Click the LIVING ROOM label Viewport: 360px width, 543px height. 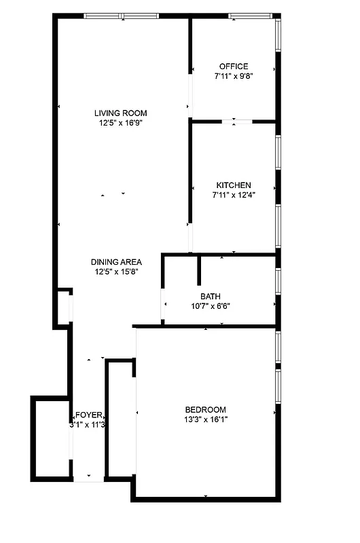click(120, 113)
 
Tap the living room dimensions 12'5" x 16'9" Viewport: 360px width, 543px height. click(120, 123)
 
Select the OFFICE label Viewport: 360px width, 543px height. click(233, 66)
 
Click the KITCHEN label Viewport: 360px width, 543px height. click(233, 185)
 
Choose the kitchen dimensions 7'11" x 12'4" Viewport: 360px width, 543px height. click(233, 195)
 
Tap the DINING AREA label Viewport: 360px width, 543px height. click(116, 262)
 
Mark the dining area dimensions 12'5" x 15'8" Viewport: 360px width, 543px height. click(116, 272)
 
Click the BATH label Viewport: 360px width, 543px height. click(210, 296)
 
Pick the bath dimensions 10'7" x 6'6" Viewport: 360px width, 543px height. click(210, 306)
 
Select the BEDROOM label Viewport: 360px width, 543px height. click(205, 409)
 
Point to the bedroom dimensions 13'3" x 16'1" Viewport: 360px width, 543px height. click(205, 419)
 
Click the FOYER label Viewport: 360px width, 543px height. click(88, 415)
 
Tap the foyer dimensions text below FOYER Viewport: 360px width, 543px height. click(88, 426)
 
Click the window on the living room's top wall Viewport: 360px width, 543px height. click(121, 16)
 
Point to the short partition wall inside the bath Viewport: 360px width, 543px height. click(198, 270)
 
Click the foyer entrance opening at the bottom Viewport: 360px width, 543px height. click(88, 481)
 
